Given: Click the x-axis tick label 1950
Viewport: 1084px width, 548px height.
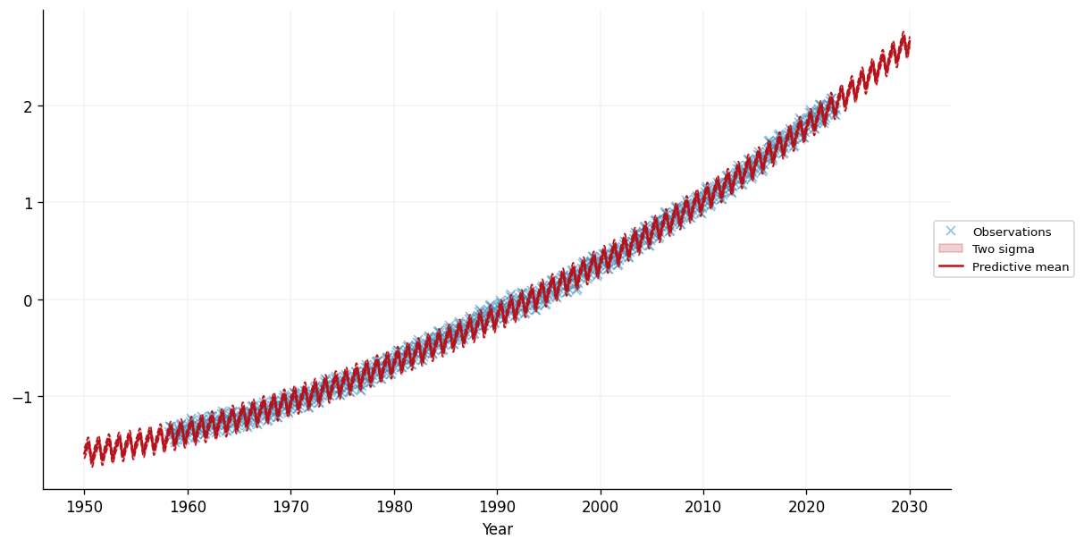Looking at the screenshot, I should tap(84, 506).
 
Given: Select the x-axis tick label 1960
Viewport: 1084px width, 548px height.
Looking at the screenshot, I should tap(188, 506).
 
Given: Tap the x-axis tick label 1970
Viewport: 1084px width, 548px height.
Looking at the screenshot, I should tap(290, 506).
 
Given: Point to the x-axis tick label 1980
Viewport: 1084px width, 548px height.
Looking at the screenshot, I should tap(394, 506).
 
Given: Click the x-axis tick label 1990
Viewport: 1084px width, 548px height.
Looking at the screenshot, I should tap(497, 506).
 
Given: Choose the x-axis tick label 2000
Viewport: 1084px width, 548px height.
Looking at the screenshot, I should tap(600, 506).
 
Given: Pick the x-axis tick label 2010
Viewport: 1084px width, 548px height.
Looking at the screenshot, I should tap(703, 506).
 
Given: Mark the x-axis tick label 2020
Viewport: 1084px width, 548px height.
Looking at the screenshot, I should tap(806, 506).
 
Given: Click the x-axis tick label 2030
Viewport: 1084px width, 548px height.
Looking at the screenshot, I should tap(910, 506).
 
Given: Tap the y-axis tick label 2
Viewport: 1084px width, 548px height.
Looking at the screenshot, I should tap(28, 106).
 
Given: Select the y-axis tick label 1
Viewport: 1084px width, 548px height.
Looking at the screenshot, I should tap(28, 203).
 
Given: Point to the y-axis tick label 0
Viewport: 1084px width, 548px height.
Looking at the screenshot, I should tap(28, 300).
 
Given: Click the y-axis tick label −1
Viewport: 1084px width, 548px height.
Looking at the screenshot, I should tap(22, 397).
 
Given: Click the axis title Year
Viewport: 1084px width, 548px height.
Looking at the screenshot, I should tap(497, 529).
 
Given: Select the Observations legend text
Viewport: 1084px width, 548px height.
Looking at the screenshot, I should tap(1012, 232).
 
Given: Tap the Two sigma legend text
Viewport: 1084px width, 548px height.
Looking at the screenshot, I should tap(1003, 249).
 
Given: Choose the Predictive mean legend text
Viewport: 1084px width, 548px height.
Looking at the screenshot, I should tap(1021, 266).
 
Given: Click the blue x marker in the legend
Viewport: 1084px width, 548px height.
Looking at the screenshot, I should tap(951, 232).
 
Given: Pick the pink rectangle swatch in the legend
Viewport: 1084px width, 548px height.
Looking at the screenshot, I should tap(951, 249).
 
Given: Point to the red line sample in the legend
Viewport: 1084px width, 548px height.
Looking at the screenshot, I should tap(951, 266).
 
